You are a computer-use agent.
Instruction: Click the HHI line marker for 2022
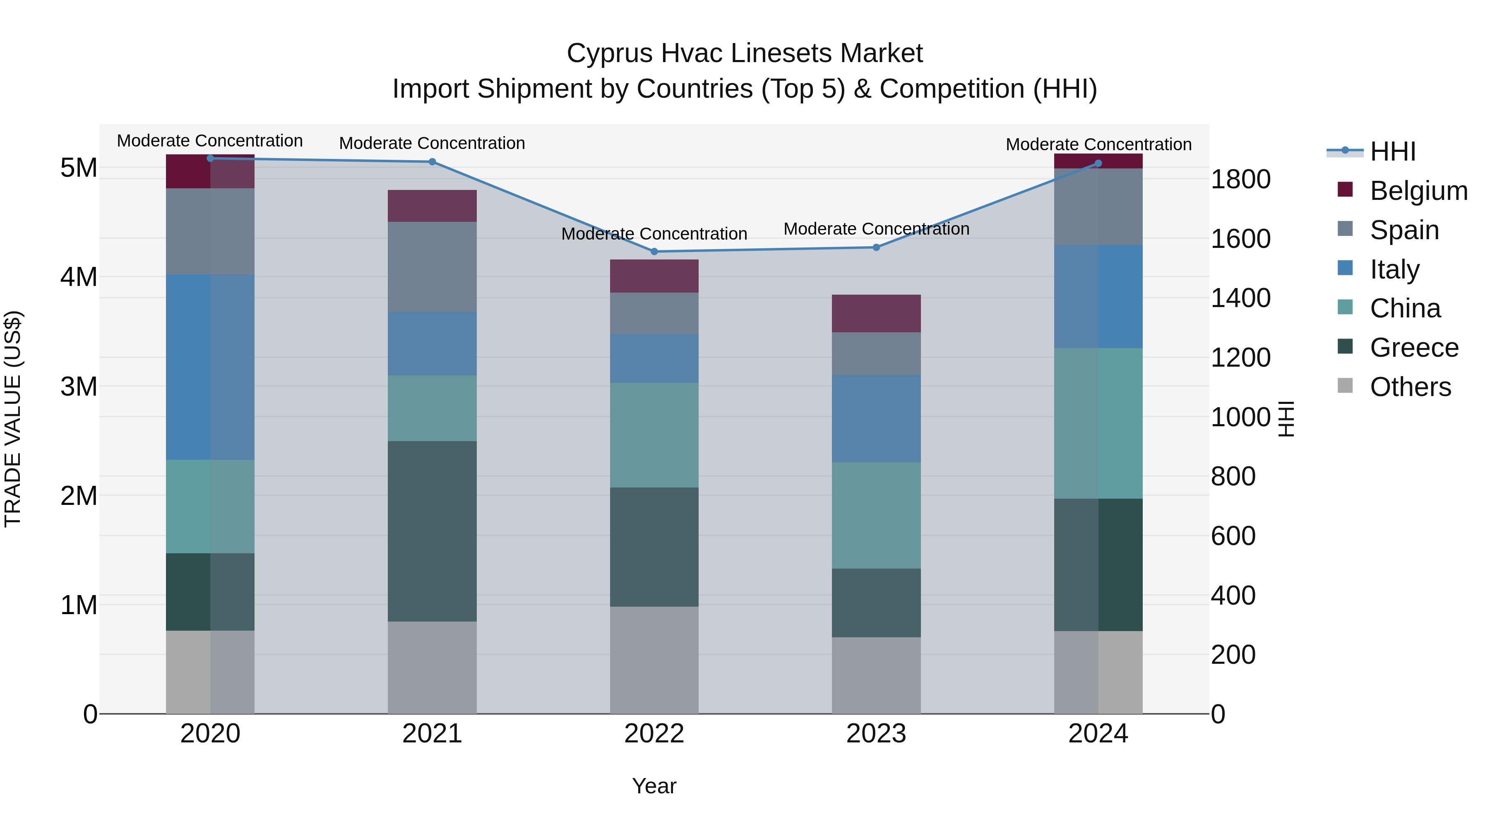654,252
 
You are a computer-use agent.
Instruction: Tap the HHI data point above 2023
876,247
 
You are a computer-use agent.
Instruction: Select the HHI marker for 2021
432,162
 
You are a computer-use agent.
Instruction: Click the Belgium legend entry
1418,191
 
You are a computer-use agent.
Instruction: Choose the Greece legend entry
1414,348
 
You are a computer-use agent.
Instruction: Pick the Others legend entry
1410,387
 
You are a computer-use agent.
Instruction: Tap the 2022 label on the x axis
654,734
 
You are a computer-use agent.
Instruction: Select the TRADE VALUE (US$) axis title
13,419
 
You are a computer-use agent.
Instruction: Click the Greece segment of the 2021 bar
432,531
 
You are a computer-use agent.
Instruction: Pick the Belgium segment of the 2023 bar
876,313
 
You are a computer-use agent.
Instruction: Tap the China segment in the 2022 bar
654,435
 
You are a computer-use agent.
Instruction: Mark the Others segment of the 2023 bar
876,675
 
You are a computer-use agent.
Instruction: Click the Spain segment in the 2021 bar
432,267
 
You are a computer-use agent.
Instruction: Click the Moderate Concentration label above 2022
654,234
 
